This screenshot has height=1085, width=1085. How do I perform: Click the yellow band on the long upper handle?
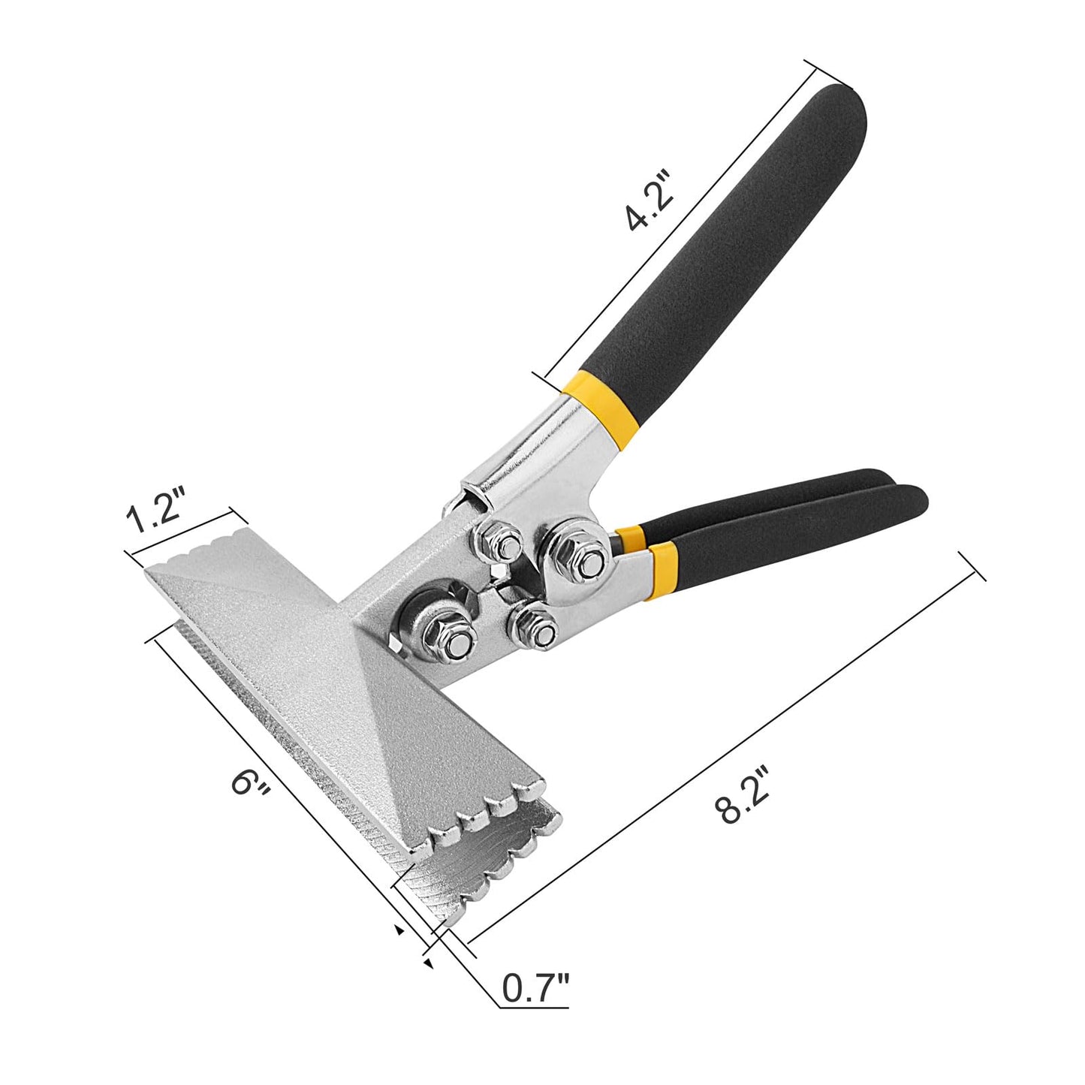[601, 405]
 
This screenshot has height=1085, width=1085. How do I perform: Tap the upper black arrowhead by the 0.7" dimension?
[399, 930]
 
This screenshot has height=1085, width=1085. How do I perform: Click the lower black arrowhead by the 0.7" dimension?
[427, 962]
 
